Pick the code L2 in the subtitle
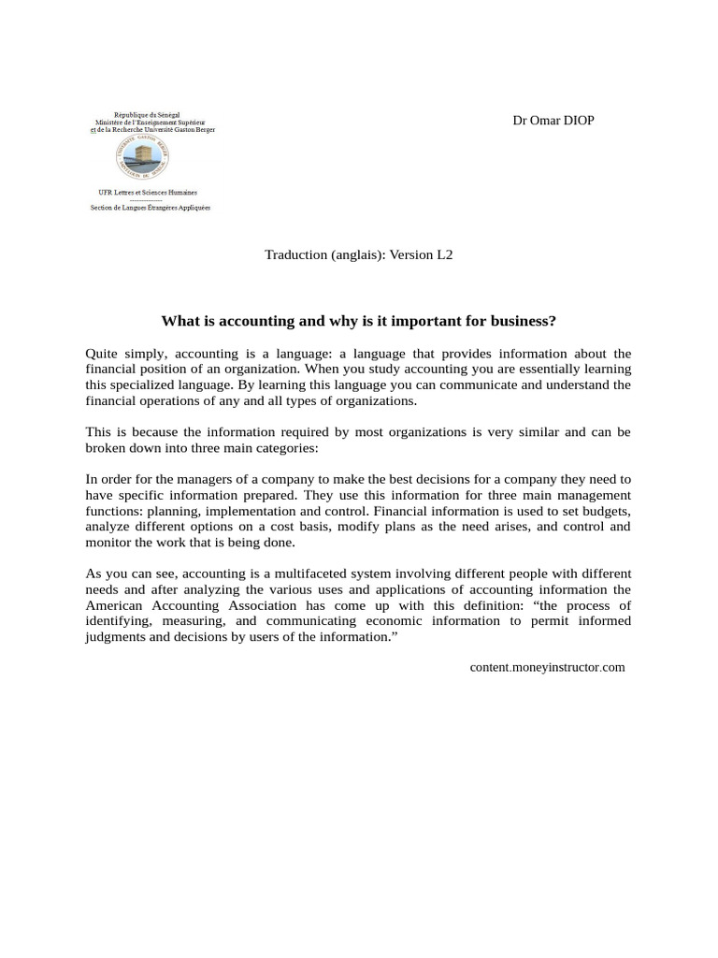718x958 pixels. coord(443,254)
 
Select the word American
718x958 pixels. coord(114,605)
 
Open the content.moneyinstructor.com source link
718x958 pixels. coord(547,667)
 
